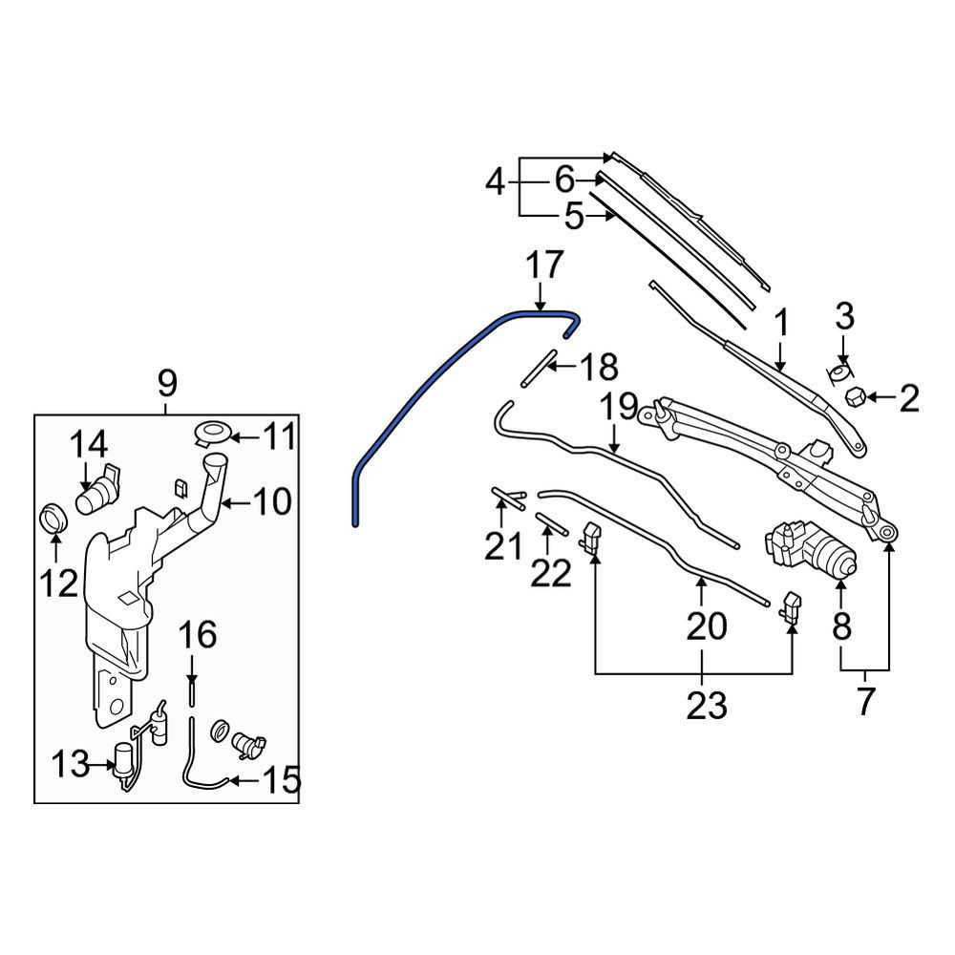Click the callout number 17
[544, 266]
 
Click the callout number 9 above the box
[167, 383]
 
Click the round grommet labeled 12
[53, 518]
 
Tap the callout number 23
[707, 706]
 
